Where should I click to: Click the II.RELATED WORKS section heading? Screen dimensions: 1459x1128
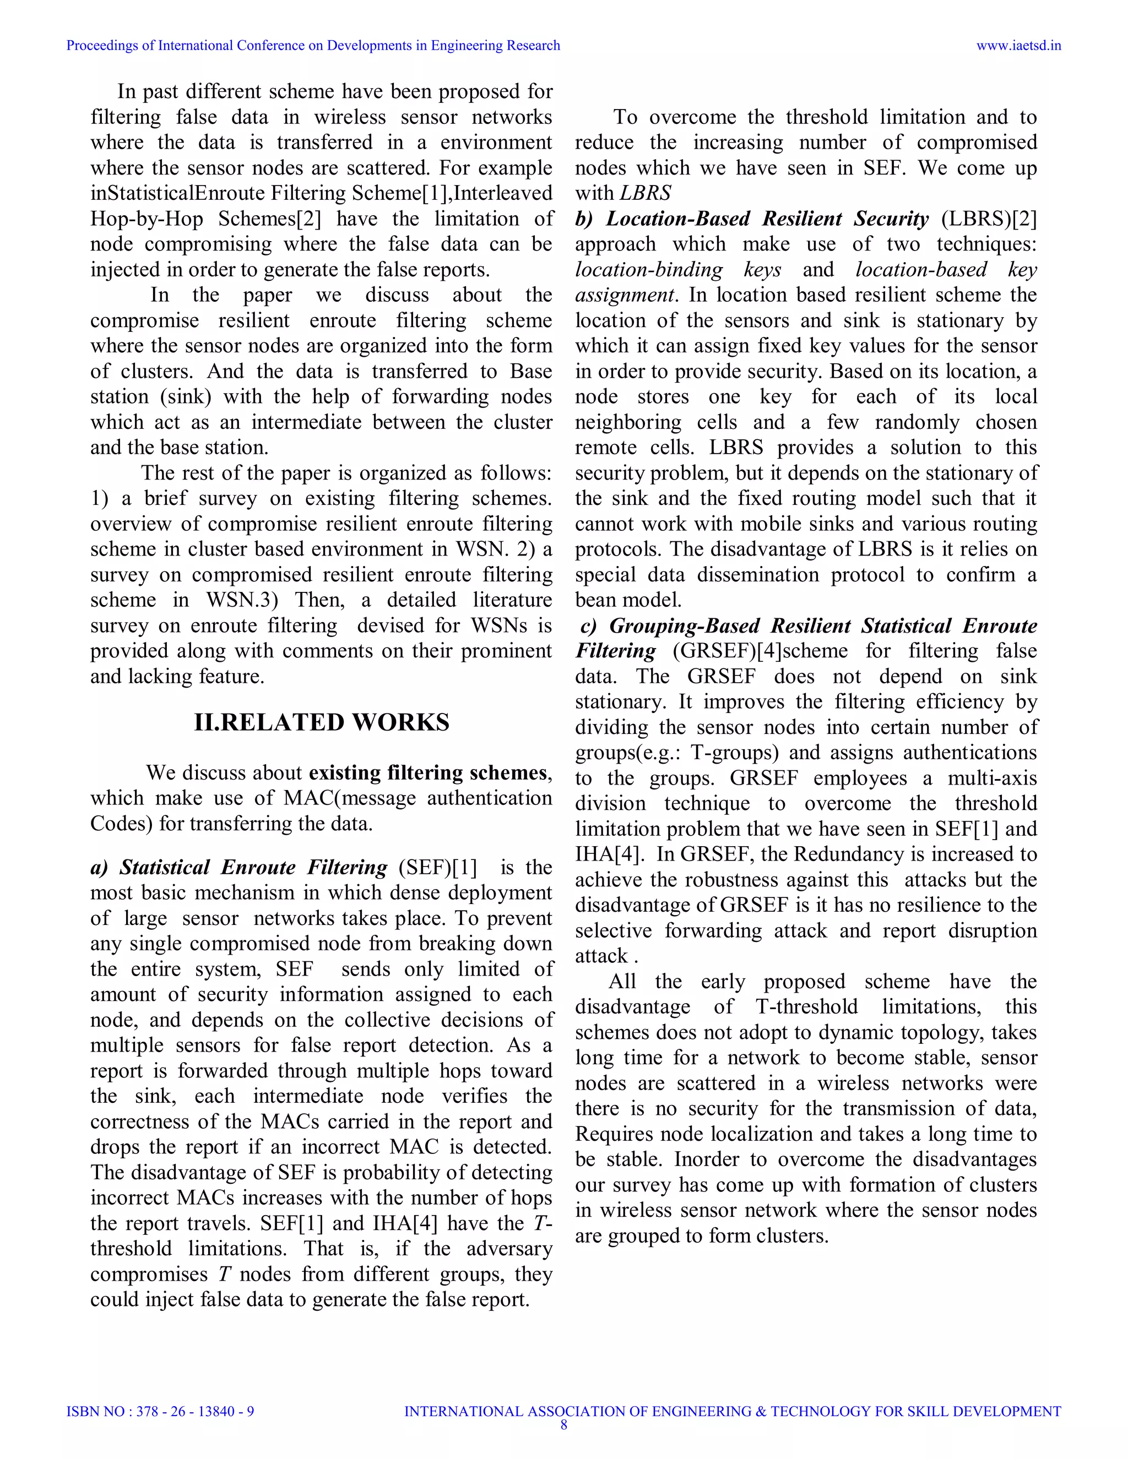322,723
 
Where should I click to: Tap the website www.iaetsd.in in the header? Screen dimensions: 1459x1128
1018,46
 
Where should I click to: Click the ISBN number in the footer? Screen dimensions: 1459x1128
160,1412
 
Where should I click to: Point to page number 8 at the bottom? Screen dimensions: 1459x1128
563,1425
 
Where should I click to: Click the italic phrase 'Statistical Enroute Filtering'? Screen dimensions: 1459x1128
253,867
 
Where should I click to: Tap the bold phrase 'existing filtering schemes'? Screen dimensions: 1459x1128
427,773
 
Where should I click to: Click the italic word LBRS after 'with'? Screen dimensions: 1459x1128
645,194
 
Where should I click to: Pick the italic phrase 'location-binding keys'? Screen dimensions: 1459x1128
677,270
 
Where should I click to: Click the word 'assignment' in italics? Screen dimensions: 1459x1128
624,295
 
